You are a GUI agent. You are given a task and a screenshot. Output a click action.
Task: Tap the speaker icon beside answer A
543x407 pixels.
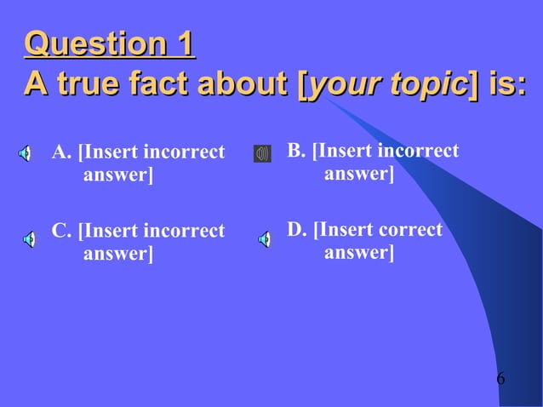click(27, 154)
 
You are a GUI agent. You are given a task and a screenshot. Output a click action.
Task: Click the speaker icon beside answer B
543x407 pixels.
click(262, 154)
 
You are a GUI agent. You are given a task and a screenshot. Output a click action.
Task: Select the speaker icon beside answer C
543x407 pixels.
click(28, 239)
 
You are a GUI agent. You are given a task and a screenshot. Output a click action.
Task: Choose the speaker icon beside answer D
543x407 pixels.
click(264, 239)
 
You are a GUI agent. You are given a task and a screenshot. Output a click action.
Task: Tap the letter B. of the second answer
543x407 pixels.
click(297, 152)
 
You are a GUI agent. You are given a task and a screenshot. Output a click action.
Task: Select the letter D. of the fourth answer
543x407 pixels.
click(297, 230)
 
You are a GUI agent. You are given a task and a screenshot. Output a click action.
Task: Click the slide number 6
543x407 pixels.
click(500, 377)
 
